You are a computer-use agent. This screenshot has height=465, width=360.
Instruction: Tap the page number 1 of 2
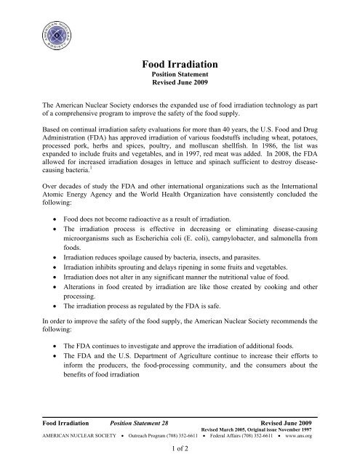[179, 450]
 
